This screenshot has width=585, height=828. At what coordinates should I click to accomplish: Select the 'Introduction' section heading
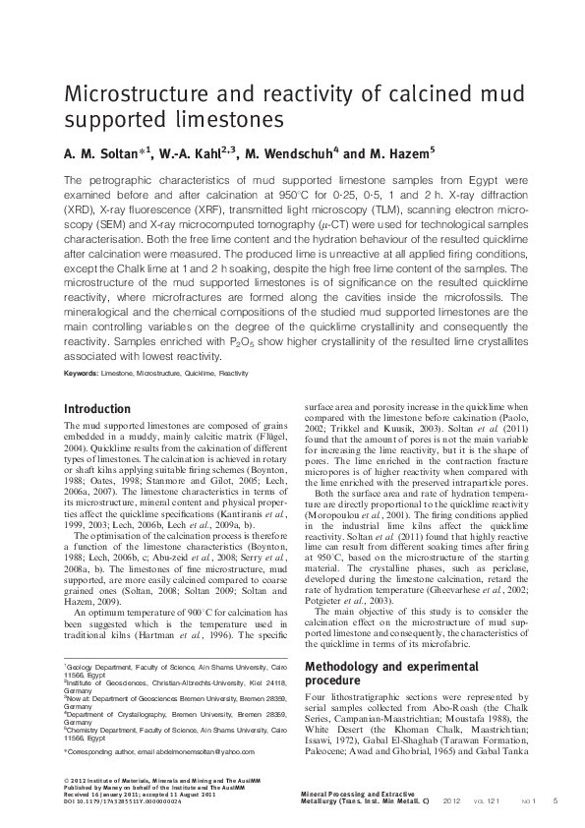(x=96, y=408)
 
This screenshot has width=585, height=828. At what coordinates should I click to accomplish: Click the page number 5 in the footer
(x=556, y=802)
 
